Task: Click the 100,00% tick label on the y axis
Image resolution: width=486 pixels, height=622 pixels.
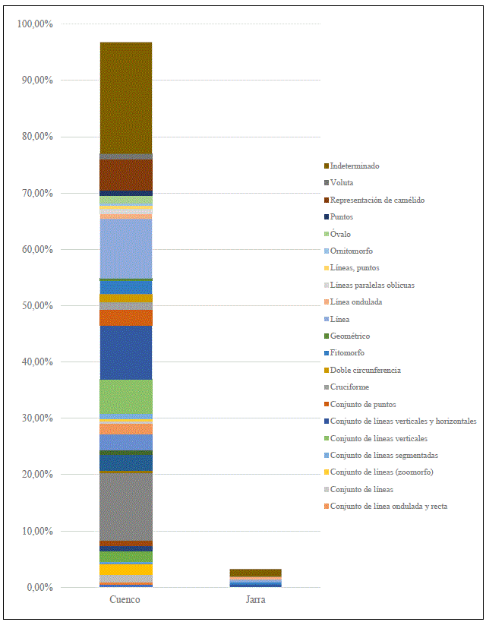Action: [x=34, y=24]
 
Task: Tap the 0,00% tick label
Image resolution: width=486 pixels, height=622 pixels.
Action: [x=39, y=587]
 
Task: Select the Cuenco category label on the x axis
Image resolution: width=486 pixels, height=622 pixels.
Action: [x=125, y=600]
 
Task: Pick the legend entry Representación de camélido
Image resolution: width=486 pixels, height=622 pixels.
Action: [x=377, y=200]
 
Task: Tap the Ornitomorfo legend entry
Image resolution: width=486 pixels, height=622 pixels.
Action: [x=352, y=251]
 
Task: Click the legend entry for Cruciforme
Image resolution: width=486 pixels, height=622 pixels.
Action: [x=350, y=387]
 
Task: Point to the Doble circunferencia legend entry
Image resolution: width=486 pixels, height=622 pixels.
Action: [x=365, y=370]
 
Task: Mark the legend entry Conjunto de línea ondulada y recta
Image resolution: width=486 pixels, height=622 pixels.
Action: [x=389, y=506]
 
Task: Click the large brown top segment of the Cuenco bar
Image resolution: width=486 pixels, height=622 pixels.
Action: [x=126, y=97]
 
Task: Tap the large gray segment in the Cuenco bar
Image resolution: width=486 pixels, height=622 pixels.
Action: [x=126, y=506]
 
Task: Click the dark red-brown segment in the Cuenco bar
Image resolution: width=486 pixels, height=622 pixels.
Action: [x=126, y=174]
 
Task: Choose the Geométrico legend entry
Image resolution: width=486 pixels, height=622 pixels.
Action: [x=350, y=336]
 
